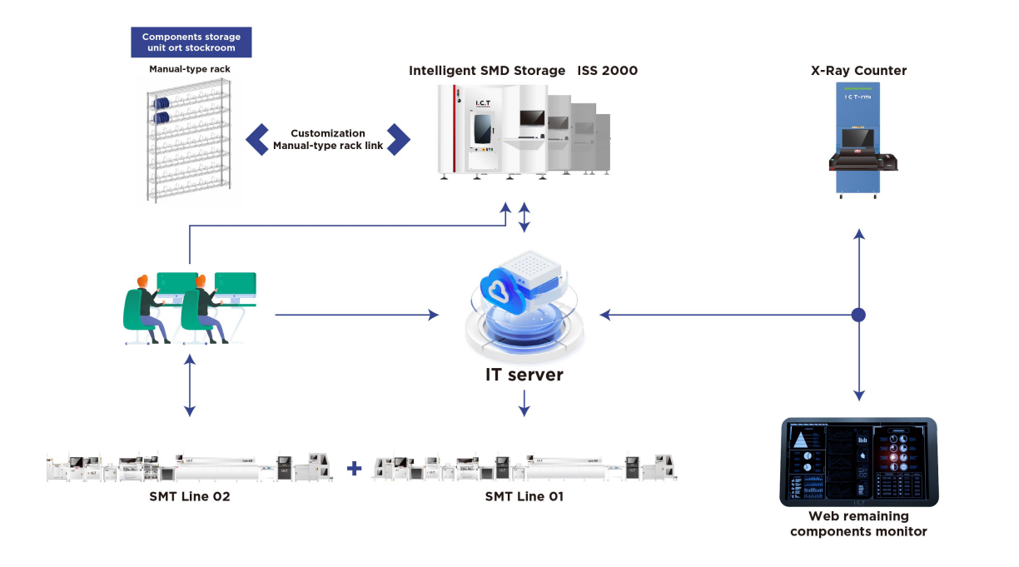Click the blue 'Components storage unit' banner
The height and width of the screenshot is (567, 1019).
[191, 42]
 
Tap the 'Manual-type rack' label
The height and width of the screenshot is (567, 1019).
[190, 69]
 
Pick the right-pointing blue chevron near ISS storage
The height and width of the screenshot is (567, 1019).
[400, 139]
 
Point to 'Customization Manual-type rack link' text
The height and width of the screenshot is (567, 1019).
[328, 140]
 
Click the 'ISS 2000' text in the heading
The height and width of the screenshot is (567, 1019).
[608, 71]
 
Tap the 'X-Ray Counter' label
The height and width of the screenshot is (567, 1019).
[858, 71]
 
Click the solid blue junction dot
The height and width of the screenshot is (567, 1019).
[859, 315]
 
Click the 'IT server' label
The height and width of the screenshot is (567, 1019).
[524, 375]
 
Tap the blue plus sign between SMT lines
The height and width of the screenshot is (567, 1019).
[354, 469]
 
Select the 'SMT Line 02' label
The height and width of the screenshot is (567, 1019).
[191, 497]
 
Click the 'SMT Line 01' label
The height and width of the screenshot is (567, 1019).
[524, 497]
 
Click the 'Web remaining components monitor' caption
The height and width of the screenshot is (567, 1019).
[858, 524]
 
